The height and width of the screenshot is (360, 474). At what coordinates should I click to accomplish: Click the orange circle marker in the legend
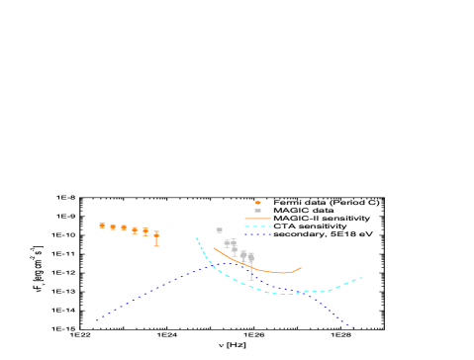257,203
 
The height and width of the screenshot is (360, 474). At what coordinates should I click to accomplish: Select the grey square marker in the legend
257,211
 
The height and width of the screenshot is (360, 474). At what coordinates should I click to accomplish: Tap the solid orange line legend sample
257,219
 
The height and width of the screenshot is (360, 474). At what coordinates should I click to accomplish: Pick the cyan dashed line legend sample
257,226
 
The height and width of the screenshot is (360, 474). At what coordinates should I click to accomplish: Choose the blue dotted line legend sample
257,234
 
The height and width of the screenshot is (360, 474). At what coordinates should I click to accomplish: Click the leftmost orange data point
102,225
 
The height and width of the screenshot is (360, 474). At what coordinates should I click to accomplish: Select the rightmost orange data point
156,235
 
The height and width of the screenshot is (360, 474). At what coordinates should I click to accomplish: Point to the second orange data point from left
113,227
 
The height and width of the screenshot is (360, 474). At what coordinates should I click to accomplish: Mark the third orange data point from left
124,227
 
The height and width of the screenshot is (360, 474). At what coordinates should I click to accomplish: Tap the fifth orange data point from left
145,231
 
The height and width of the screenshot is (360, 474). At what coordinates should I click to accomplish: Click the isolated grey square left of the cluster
219,230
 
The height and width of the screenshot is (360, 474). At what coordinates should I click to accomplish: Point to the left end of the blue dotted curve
96,320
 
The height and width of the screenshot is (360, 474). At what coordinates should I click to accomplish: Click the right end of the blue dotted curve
353,326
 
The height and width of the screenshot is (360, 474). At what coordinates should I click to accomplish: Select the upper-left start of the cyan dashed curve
197,238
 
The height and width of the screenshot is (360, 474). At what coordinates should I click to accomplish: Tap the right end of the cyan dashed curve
361,278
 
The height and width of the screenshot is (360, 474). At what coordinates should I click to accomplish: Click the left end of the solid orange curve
214,248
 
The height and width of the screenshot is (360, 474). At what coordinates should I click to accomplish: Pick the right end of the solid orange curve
301,267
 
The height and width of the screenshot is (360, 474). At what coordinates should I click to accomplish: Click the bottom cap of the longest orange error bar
156,245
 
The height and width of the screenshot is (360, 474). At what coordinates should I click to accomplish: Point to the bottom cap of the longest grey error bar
251,280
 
